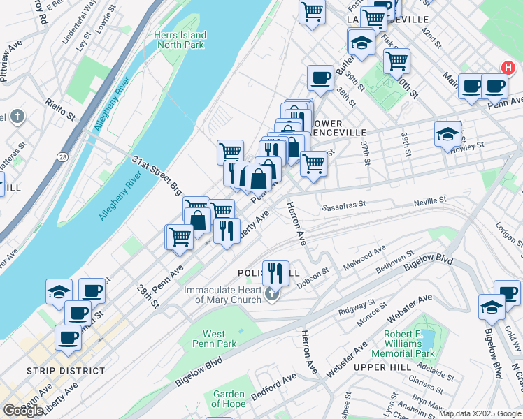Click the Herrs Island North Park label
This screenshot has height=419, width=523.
(180, 41)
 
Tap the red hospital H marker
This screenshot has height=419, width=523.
(508, 68)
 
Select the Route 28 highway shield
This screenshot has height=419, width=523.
(63, 157)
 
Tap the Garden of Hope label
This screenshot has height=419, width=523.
(228, 399)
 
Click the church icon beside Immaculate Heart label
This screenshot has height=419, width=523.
(272, 296)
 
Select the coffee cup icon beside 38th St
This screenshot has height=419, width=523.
(320, 78)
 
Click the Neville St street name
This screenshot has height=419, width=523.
(431, 200)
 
